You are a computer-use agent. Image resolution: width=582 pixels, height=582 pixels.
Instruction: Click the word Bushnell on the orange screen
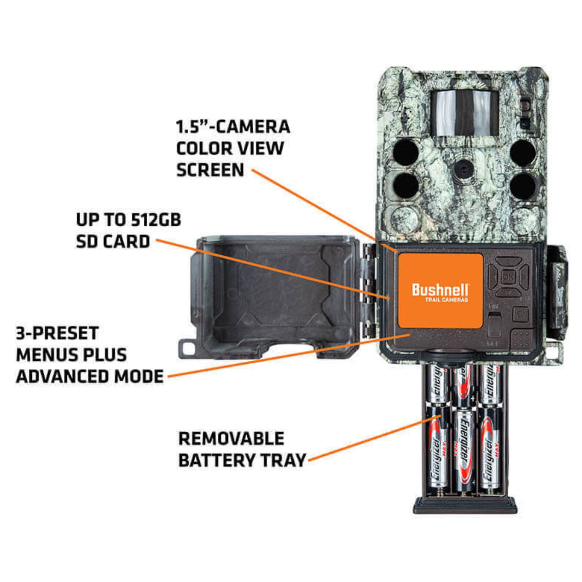coord(440,290)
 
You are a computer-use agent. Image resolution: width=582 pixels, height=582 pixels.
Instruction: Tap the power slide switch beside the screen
coord(495,324)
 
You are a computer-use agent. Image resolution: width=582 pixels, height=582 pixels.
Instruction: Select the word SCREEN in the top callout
coord(210,170)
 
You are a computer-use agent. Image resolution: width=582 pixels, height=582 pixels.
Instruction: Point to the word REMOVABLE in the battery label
coord(231,439)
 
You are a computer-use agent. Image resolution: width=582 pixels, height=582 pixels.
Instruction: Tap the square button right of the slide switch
coord(520,314)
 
